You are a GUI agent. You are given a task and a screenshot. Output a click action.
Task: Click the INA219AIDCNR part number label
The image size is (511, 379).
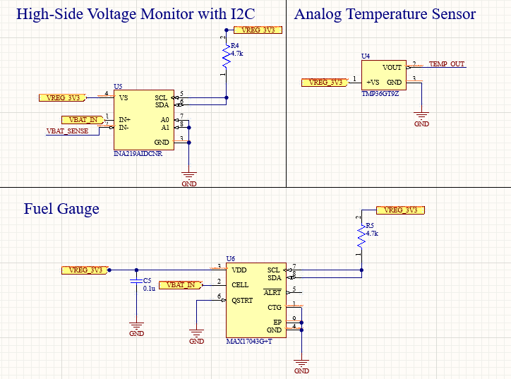click(138, 153)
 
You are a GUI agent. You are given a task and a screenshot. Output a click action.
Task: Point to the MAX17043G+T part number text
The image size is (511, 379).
click(249, 342)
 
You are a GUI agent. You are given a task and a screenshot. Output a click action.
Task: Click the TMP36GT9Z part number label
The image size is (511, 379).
click(380, 93)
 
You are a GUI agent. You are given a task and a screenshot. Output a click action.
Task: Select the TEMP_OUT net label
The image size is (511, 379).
click(447, 64)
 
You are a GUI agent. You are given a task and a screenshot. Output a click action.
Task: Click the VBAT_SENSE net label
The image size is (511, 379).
click(68, 131)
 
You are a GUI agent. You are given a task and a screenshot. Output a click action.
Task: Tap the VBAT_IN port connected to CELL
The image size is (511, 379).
click(181, 284)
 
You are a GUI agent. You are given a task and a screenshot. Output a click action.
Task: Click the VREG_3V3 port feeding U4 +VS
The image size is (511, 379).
click(325, 83)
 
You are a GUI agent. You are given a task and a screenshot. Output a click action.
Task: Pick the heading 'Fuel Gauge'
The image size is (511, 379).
click(61, 209)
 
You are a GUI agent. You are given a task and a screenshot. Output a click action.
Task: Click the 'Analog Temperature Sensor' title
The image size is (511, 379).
click(385, 14)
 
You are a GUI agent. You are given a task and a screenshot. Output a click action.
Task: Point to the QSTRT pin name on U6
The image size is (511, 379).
click(244, 300)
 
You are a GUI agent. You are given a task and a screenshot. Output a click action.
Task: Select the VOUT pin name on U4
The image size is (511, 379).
click(392, 68)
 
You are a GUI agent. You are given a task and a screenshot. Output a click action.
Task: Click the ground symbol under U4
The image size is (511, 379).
click(421, 118)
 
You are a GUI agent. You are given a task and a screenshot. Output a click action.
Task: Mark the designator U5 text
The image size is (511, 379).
click(118, 85)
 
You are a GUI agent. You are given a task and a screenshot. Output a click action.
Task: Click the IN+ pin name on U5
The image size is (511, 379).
click(124, 119)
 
